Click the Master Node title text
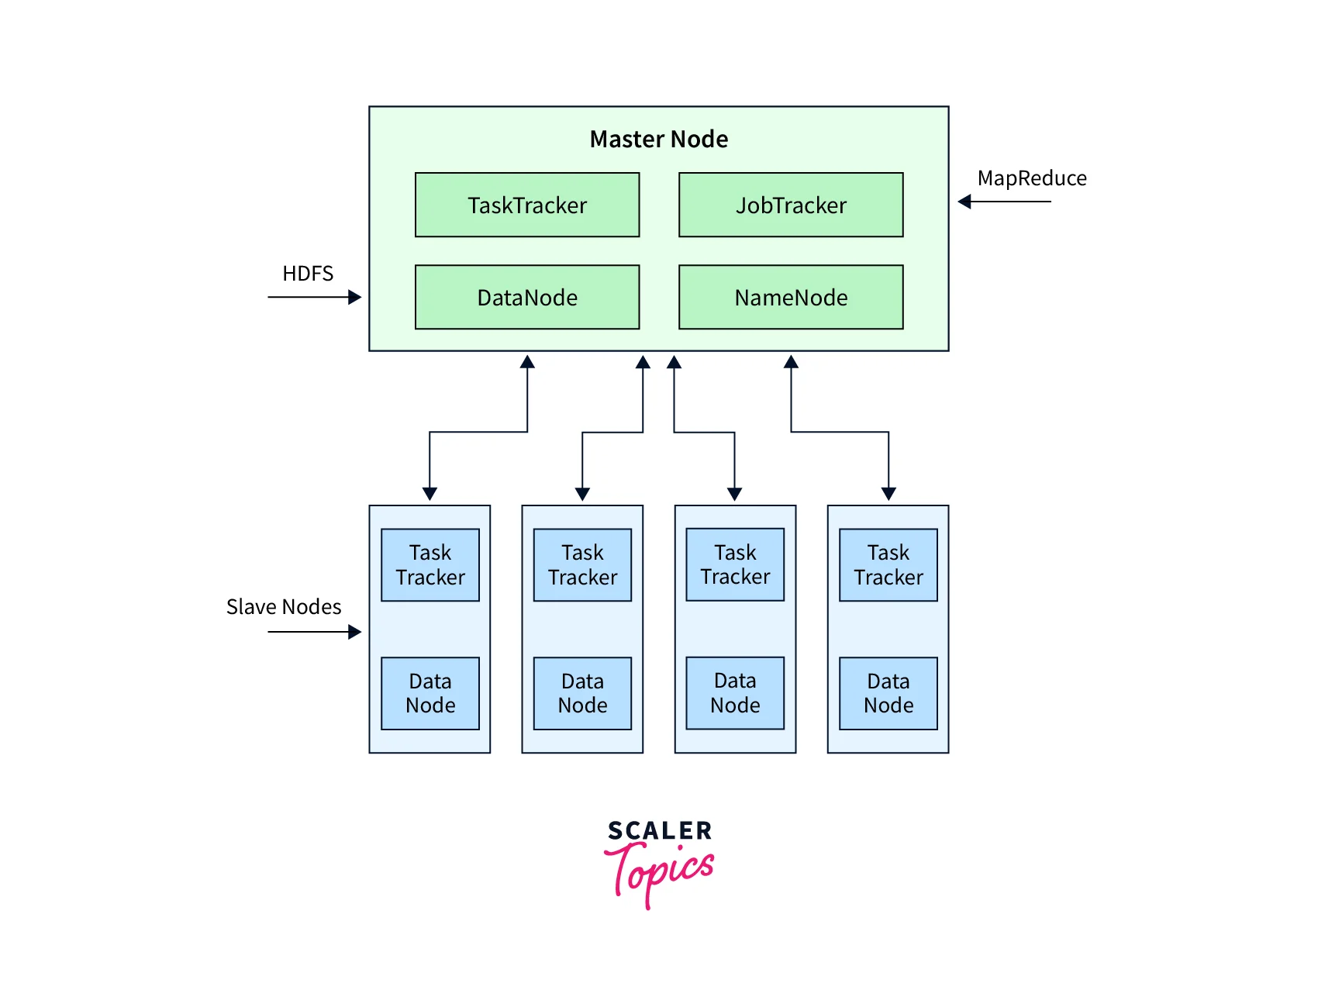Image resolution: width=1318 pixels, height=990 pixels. pos(659,140)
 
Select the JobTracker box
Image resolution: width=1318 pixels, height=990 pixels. pos(791,205)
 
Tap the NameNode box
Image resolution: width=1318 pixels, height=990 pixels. pos(791,298)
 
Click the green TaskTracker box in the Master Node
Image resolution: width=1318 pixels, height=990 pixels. pos(527,205)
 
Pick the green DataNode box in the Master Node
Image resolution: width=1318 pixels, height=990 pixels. pos(527,298)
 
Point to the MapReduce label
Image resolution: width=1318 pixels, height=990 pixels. pos(1032,178)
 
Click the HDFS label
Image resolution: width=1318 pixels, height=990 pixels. pos(308,274)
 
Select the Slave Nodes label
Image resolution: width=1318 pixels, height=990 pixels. pos(284,607)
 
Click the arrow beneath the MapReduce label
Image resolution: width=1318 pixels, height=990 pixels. pos(1005,202)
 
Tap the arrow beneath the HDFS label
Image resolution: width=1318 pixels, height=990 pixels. pos(314,297)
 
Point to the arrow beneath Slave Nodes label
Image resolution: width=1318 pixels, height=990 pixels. pos(314,632)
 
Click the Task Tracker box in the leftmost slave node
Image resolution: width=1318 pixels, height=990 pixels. pos(430,565)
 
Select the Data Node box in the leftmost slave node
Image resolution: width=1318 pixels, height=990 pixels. pos(430,694)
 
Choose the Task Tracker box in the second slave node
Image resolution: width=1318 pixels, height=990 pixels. pos(583,565)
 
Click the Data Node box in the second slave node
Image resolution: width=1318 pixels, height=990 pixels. pos(583,694)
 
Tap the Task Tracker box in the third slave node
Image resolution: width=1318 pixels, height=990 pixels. pos(735,565)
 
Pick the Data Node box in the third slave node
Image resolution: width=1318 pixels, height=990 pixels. pos(735,693)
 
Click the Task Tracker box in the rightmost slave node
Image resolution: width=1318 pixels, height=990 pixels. pos(888,565)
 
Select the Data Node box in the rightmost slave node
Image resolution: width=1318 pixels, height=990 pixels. pos(888,694)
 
